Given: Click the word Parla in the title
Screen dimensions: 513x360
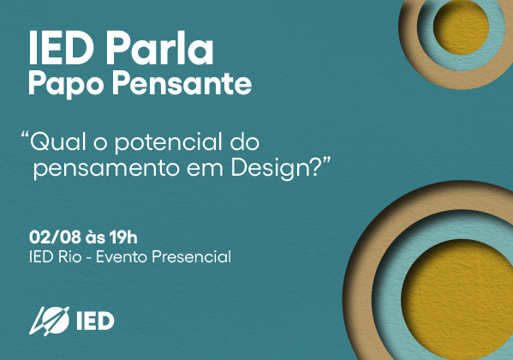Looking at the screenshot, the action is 160,49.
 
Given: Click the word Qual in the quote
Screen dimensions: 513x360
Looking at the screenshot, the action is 58,141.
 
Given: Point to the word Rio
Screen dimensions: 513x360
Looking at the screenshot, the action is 69,256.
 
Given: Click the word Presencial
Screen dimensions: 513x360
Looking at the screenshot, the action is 191,256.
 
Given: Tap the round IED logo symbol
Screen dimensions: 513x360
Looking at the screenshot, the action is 50,321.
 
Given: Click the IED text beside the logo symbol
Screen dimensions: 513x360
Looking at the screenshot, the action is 95,321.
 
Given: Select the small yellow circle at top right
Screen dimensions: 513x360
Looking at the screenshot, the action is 462,27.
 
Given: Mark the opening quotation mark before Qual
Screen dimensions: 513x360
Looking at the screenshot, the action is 24,135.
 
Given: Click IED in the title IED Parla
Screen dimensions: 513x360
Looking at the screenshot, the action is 61,49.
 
